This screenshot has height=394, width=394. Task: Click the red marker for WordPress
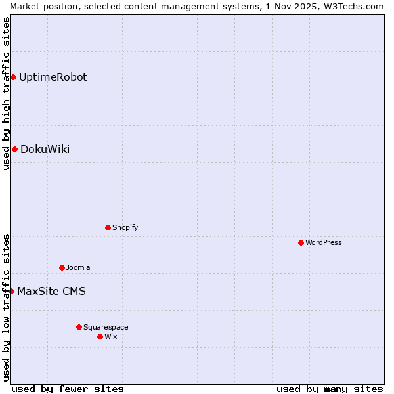301,242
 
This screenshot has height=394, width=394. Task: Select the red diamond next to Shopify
108,227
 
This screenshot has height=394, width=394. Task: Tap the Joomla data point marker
62,267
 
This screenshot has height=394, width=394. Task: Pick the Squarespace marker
79,327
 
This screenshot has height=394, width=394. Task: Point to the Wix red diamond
100,336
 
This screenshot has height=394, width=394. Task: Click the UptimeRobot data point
13,77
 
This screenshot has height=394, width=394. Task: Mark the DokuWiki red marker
14,149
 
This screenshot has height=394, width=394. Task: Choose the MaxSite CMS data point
11,291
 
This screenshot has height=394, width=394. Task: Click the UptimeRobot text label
53,77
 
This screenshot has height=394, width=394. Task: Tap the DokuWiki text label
45,149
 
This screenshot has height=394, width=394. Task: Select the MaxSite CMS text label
51,291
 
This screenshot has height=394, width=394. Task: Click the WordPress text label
323,242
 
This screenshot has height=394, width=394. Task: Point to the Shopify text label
125,227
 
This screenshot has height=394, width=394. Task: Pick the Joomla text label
78,267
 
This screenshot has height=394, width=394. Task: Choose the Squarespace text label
106,327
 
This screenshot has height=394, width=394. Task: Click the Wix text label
111,336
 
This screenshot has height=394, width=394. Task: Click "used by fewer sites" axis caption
68,389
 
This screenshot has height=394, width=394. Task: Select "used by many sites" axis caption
330,389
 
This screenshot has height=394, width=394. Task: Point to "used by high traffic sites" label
6,93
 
